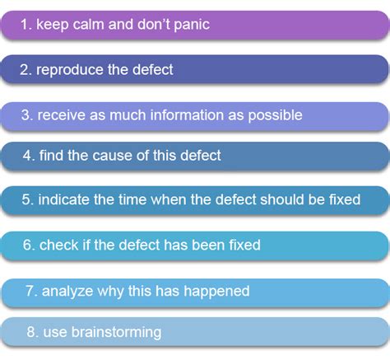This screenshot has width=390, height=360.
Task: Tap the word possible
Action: point(274,115)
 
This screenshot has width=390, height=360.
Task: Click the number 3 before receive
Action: point(25,115)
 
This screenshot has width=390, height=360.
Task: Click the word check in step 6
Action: point(58,245)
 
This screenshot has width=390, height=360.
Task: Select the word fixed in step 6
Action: point(243,245)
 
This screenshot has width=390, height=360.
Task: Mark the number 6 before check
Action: point(29,245)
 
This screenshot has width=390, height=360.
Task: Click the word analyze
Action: point(71,291)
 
